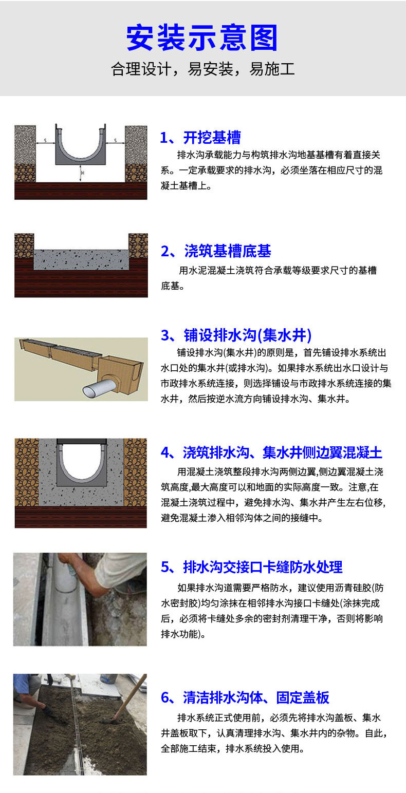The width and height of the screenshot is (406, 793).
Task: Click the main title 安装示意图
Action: point(202,37)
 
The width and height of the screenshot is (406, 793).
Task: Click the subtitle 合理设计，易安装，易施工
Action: point(202,69)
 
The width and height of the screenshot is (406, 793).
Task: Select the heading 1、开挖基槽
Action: point(200,137)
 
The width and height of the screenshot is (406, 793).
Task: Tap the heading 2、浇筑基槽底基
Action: point(216,251)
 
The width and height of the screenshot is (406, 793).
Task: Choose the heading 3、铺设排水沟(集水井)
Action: point(236,335)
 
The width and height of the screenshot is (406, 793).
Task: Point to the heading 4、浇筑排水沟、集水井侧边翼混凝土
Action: point(271,452)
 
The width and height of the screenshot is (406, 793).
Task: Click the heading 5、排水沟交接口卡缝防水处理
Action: point(251,567)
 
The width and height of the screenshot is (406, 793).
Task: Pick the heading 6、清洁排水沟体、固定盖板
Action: point(245,697)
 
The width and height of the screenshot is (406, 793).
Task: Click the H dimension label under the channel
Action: point(83,173)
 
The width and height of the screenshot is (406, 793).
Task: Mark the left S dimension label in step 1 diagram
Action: point(45,141)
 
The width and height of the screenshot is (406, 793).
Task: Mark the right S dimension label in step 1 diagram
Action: point(116,141)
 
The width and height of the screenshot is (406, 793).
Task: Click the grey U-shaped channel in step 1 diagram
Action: point(80,157)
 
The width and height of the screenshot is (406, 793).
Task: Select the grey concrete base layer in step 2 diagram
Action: point(81,259)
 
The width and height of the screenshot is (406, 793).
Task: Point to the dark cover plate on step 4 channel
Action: point(82,442)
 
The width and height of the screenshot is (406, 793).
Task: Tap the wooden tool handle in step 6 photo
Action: point(131,697)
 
